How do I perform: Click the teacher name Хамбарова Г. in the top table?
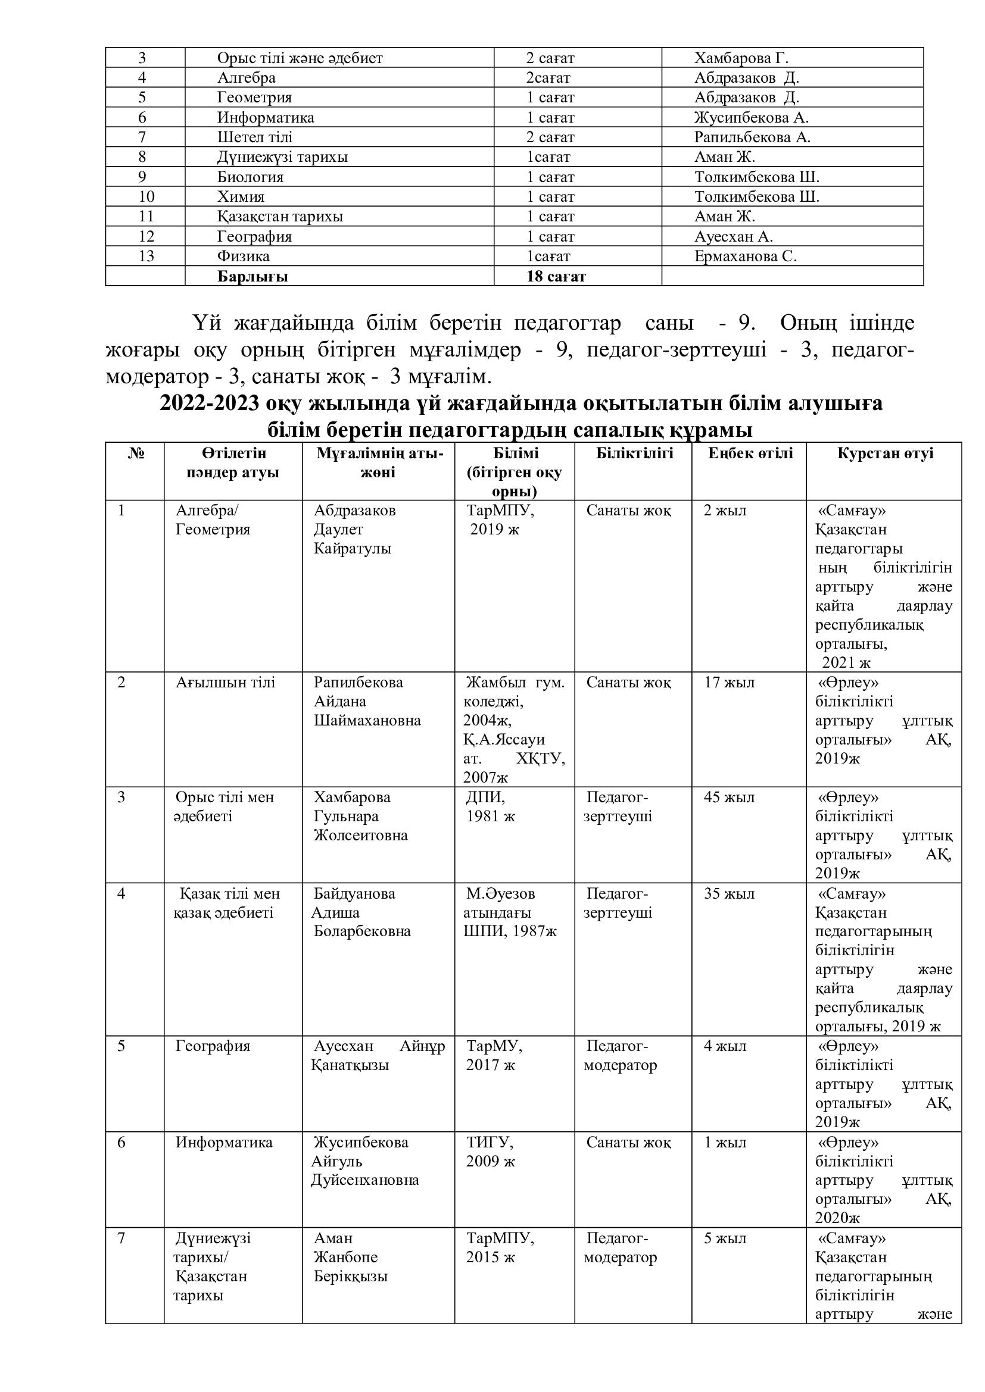pyautogui.click(x=741, y=58)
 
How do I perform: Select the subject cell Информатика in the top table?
pyautogui.click(x=266, y=118)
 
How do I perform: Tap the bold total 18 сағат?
pyautogui.click(x=556, y=277)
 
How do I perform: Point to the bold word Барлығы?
pyautogui.click(x=253, y=277)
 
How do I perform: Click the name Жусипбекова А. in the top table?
pyautogui.click(x=751, y=118)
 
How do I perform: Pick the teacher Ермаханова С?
pyautogui.click(x=745, y=256)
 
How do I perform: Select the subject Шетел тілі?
pyautogui.click(x=255, y=137)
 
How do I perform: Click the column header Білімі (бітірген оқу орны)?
pyautogui.click(x=515, y=472)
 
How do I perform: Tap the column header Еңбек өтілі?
pyautogui.click(x=750, y=453)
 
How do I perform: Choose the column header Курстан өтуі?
pyautogui.click(x=885, y=453)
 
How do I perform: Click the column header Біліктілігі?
pyautogui.click(x=634, y=453)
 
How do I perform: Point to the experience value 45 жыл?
pyautogui.click(x=729, y=797)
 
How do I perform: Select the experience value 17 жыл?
pyautogui.click(x=729, y=683)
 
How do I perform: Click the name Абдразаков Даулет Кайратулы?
pyautogui.click(x=354, y=529)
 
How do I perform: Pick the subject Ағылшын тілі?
pyautogui.click(x=225, y=683)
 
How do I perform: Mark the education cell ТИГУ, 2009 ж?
pyautogui.click(x=490, y=1152)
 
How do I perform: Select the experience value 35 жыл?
pyautogui.click(x=729, y=894)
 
